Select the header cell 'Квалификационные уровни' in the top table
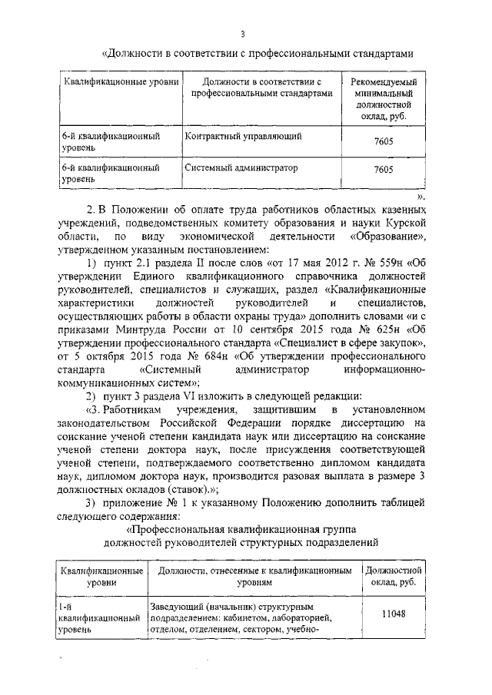(121, 81)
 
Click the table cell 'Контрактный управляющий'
(242, 136)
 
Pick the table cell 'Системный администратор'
(241, 167)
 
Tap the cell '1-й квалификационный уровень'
(98, 617)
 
